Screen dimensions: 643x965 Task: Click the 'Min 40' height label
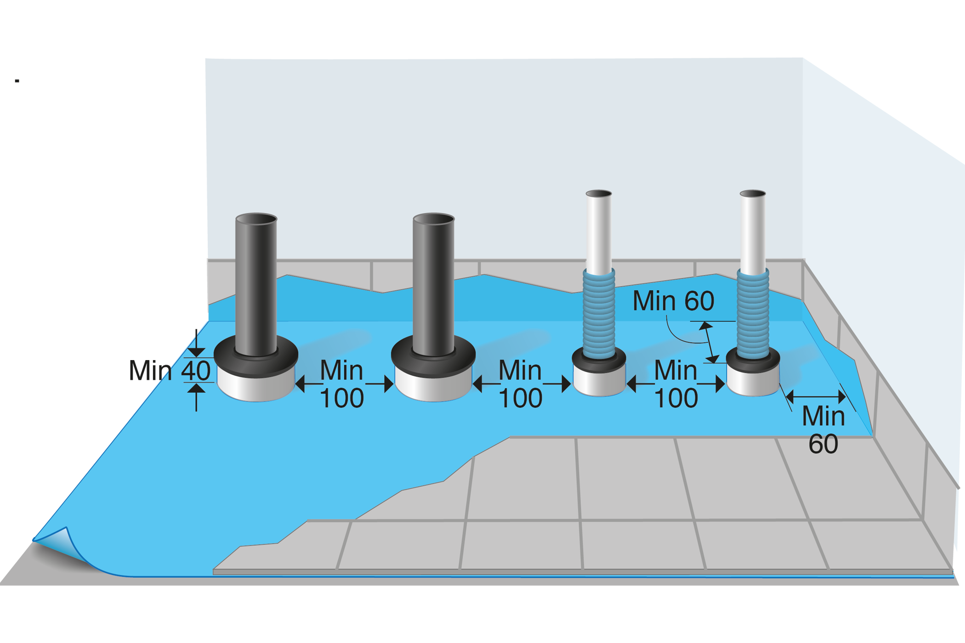point(170,370)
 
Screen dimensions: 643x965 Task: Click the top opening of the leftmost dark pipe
point(256,218)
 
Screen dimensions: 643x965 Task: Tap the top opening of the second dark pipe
point(433,218)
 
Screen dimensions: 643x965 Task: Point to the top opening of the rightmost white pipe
point(752,193)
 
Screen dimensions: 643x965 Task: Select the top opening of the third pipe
point(598,193)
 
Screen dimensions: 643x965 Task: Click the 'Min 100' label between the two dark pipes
point(342,384)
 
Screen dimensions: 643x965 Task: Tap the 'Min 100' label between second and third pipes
point(520,384)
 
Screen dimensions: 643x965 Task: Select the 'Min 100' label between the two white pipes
point(675,384)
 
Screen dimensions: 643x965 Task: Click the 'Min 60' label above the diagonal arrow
point(673,301)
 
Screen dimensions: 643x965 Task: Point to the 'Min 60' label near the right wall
point(823,430)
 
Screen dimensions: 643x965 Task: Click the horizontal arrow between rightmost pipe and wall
point(816,396)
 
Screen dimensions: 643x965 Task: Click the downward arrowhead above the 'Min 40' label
point(197,351)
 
